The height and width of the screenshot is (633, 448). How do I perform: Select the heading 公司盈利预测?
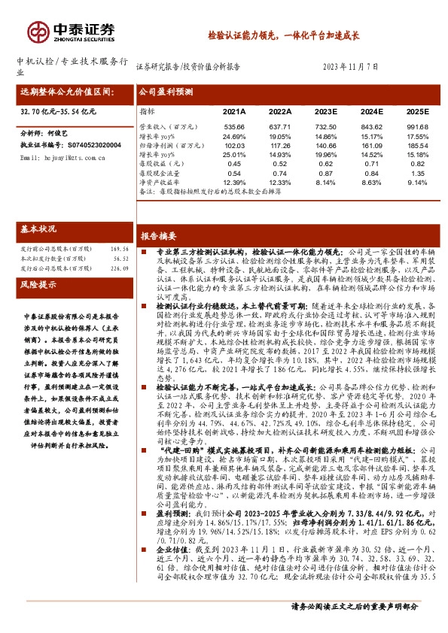pos(167,92)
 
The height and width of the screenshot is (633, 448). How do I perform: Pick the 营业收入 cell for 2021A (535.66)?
pos(234,126)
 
